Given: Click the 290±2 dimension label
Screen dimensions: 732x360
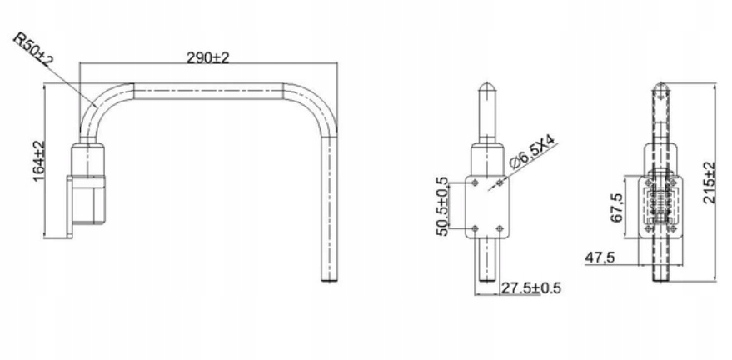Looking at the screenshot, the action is click(x=207, y=57).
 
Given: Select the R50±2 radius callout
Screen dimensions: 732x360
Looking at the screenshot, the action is click(x=33, y=49).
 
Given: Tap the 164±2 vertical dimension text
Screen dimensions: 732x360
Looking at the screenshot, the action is click(x=39, y=161).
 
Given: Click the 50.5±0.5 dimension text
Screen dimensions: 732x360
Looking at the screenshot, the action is click(x=441, y=206).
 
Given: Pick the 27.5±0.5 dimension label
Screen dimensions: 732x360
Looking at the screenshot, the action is click(x=530, y=288).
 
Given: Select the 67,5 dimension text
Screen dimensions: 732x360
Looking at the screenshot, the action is click(x=617, y=207).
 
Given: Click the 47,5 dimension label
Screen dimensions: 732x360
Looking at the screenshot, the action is click(x=600, y=257).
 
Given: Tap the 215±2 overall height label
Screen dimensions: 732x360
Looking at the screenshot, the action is click(x=710, y=182).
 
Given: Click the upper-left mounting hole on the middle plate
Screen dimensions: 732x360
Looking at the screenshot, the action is click(x=475, y=182).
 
